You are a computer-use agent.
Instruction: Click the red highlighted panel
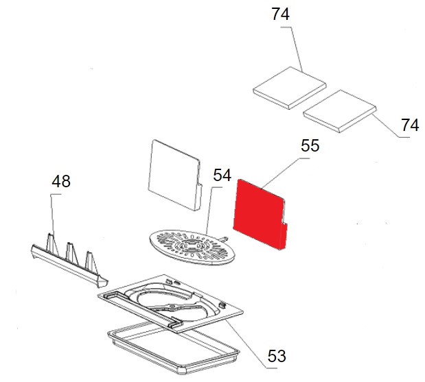pyautogui.click(x=260, y=214)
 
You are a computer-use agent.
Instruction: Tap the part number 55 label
pyautogui.click(x=310, y=145)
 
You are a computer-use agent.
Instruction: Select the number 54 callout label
pyautogui.click(x=222, y=175)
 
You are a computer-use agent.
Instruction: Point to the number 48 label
pyautogui.click(x=61, y=181)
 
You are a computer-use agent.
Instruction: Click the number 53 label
pyautogui.click(x=277, y=356)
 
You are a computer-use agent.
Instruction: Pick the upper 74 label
pyautogui.click(x=281, y=14)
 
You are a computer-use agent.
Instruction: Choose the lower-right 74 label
pyautogui.click(x=410, y=126)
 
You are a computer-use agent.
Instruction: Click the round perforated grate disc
pyautogui.click(x=192, y=247)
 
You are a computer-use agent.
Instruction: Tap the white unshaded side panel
pyautogui.click(x=175, y=175)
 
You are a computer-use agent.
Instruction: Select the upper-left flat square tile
pyautogui.click(x=290, y=88)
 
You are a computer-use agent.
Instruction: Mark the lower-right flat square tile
pyautogui.click(x=340, y=111)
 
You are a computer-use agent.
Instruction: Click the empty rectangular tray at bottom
pyautogui.click(x=174, y=351)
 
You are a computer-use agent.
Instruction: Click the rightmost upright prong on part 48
pyautogui.click(x=91, y=262)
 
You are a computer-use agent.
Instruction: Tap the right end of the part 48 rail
pyautogui.click(x=103, y=282)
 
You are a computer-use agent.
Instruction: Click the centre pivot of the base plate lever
pyautogui.click(x=172, y=307)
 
